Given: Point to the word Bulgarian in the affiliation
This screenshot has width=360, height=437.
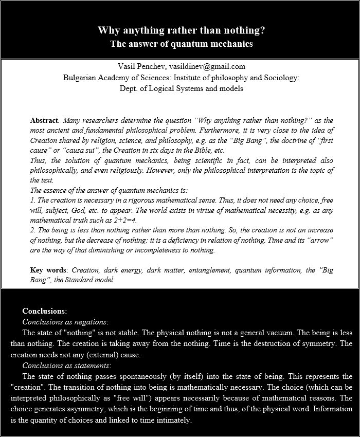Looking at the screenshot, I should (81, 78).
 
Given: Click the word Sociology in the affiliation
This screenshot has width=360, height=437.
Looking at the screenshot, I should (278, 78).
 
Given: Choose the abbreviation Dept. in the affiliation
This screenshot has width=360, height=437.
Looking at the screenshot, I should (127, 88).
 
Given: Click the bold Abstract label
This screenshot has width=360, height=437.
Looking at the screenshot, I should (44, 120).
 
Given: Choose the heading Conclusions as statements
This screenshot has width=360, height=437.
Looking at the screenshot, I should (66, 366).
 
